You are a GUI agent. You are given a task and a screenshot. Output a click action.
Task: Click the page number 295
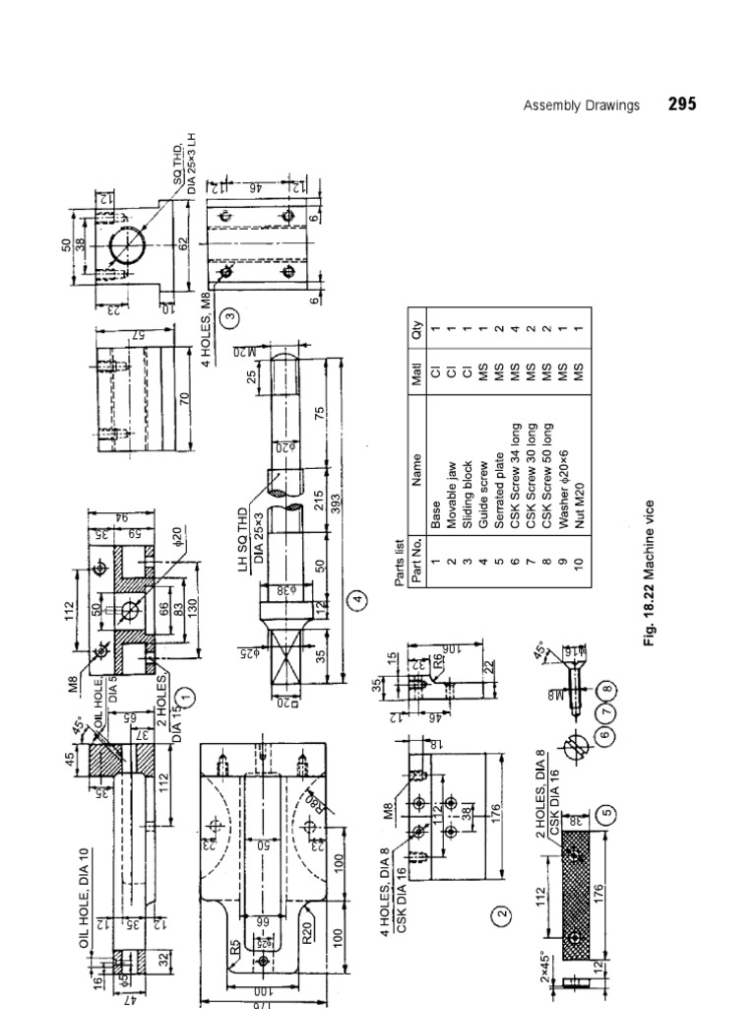click(682, 103)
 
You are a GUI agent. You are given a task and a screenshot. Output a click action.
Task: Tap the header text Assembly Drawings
click(581, 104)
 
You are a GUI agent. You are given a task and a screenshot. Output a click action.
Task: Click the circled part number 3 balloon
click(230, 317)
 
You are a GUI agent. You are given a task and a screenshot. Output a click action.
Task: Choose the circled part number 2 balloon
click(502, 915)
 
